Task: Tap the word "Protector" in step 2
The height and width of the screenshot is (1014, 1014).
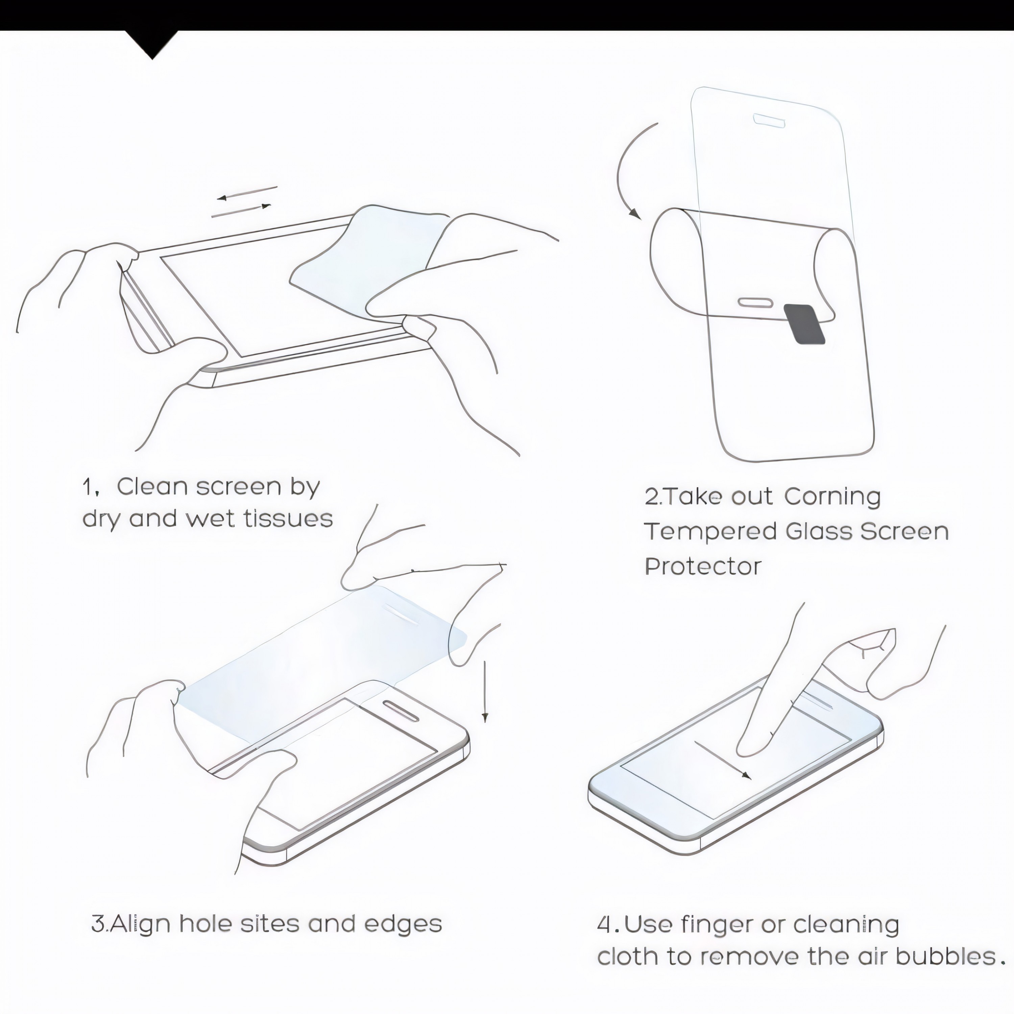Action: click(x=703, y=566)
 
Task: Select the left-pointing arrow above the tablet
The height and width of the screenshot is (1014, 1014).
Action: click(x=247, y=192)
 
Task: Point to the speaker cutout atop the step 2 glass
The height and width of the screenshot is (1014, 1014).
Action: click(x=769, y=119)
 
